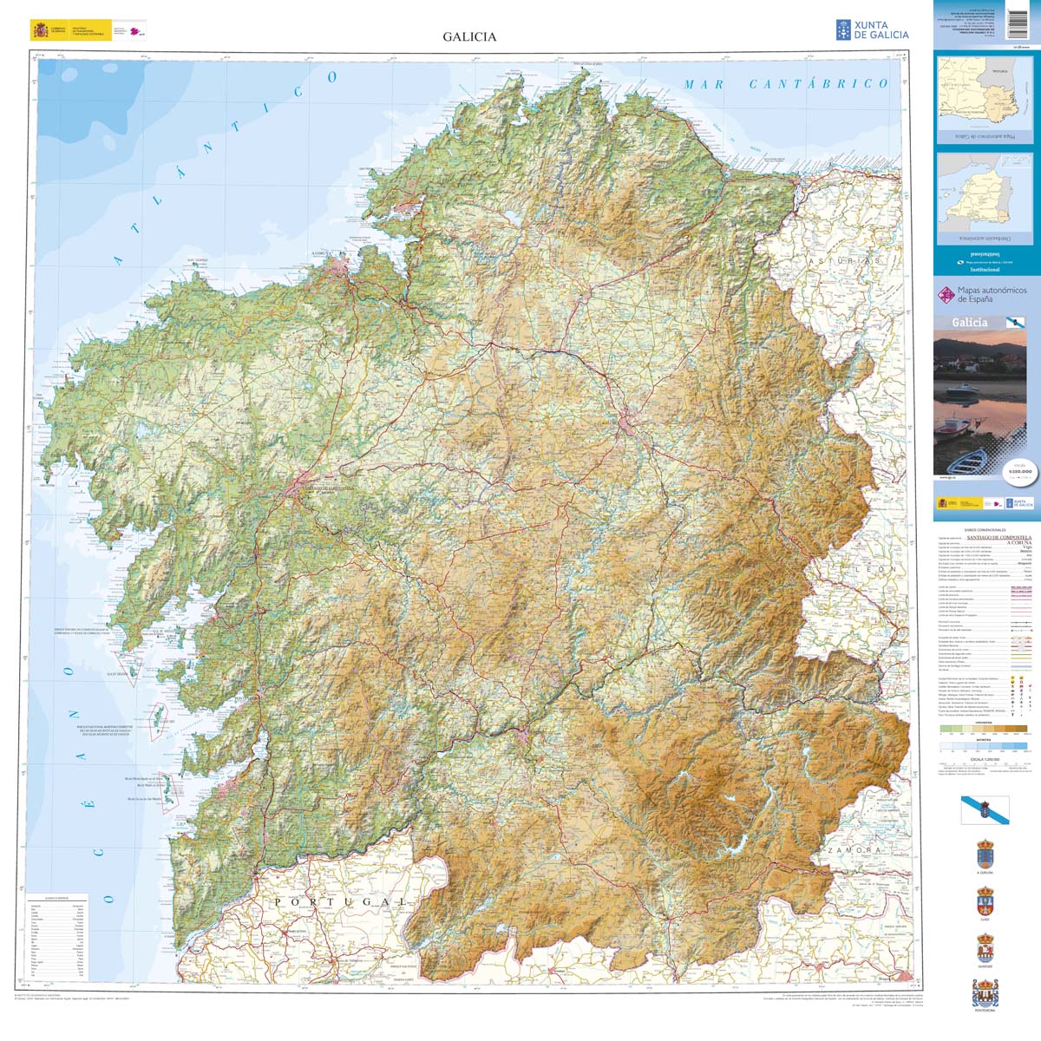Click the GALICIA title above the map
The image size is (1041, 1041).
(x=469, y=36)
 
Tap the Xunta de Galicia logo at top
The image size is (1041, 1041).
(x=872, y=29)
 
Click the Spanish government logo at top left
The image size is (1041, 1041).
(x=68, y=30)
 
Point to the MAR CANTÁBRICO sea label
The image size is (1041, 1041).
(x=786, y=84)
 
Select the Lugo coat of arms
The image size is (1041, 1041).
(x=985, y=902)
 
